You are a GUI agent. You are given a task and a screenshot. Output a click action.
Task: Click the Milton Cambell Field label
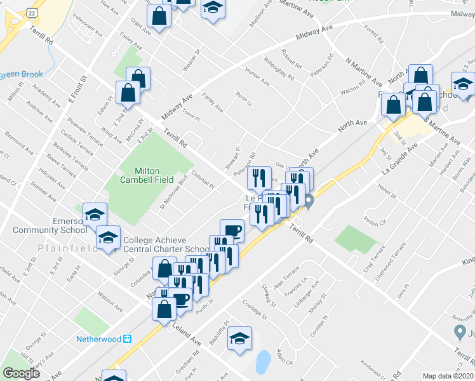pos(146,175)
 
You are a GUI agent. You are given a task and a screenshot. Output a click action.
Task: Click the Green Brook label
pos(22,74)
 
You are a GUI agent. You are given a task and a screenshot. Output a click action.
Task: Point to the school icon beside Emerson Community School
pos(95,215)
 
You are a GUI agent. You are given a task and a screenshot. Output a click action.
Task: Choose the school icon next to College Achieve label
pos(109,239)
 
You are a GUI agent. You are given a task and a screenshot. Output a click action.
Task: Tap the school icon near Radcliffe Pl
pos(239,338)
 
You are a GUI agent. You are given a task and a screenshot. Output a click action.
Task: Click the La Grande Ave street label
pos(399,159)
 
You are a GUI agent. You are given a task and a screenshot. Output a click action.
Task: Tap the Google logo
pos(21,373)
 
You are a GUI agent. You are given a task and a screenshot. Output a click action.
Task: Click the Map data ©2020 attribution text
pos(448,376)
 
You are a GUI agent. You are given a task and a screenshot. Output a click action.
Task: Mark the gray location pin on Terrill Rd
pos(309,203)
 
